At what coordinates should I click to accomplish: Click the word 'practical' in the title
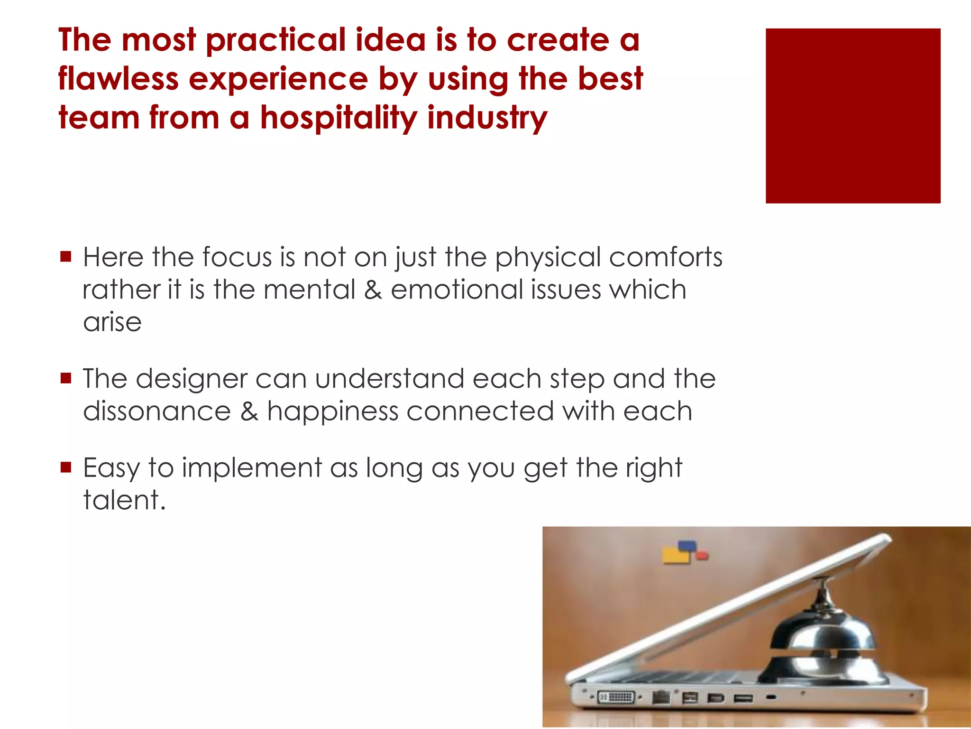tap(276, 41)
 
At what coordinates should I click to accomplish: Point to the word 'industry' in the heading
tap(487, 118)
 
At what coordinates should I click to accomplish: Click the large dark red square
tap(852, 116)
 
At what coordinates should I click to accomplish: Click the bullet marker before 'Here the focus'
tap(66, 257)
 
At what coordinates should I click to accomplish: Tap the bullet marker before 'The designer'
tap(66, 378)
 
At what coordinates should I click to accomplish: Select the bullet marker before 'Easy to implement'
tap(66, 467)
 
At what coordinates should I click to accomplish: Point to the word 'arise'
tap(112, 322)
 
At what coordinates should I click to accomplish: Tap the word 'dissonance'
tap(157, 411)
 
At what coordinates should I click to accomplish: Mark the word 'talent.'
tap(124, 500)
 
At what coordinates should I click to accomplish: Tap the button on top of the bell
tap(825, 579)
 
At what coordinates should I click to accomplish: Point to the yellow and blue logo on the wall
tap(683, 552)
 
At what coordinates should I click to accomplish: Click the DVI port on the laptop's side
tap(615, 697)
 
